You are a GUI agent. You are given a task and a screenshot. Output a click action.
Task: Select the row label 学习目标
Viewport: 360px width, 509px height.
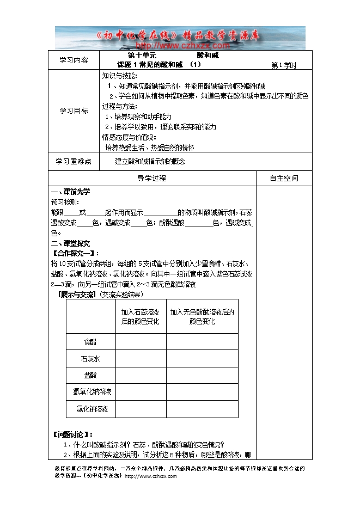click(x=73, y=111)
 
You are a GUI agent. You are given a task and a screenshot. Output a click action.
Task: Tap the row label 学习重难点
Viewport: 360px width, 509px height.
click(x=73, y=162)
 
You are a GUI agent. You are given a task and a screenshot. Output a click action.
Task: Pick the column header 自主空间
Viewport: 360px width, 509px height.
click(x=284, y=179)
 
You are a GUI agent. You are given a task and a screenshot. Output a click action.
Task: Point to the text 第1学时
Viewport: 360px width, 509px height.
click(x=283, y=65)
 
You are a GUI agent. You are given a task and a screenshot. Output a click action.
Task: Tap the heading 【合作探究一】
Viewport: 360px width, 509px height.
click(x=75, y=253)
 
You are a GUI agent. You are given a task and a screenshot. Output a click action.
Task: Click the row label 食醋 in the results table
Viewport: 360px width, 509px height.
click(x=90, y=342)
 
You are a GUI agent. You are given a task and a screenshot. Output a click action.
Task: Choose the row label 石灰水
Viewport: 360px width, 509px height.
click(x=90, y=359)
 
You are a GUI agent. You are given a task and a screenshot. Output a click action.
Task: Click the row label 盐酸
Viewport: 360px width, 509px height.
click(x=90, y=376)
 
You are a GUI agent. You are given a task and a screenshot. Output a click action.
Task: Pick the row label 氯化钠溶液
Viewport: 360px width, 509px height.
click(x=90, y=409)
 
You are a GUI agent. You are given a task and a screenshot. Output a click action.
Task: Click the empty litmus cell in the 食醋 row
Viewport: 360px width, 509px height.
click(x=141, y=342)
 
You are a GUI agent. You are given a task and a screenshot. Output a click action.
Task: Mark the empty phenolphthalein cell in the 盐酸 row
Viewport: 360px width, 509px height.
click(x=202, y=376)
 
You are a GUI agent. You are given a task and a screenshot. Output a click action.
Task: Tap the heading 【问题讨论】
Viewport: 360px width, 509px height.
click(x=72, y=434)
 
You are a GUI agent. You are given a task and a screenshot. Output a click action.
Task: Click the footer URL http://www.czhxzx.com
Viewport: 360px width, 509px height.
click(x=151, y=476)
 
